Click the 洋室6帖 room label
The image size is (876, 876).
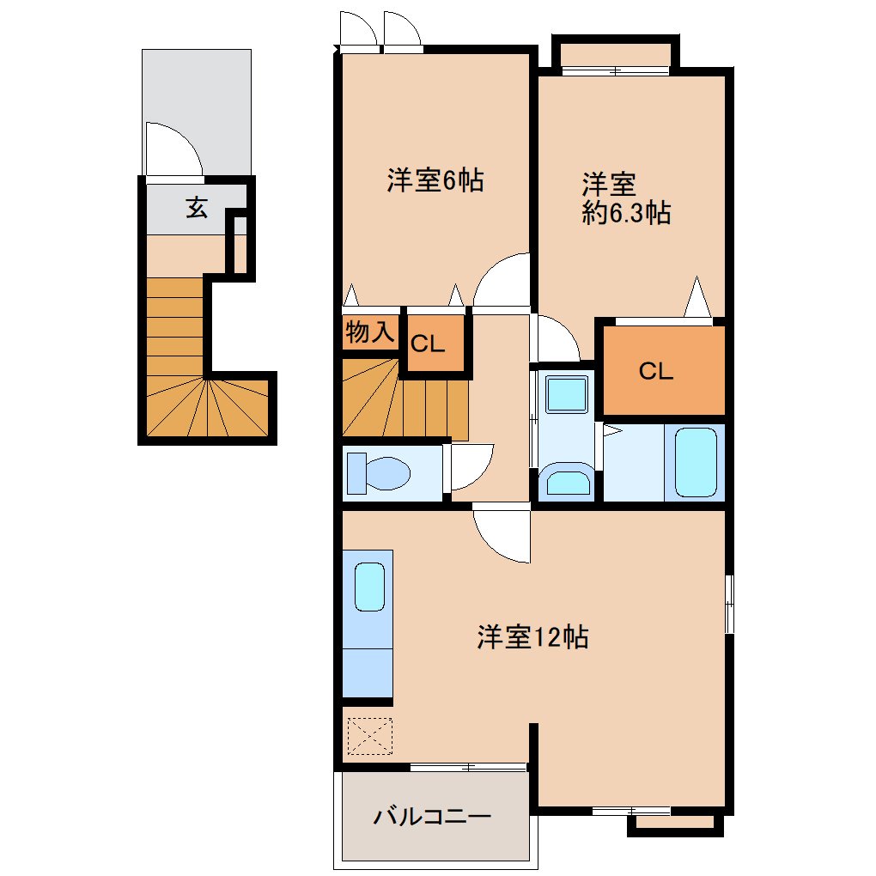click(435, 179)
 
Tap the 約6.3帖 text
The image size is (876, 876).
click(626, 213)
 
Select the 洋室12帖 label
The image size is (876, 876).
click(532, 636)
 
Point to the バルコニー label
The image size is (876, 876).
click(432, 817)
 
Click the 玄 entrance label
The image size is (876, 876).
click(197, 207)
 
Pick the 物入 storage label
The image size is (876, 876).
click(370, 332)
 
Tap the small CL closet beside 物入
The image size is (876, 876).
click(435, 343)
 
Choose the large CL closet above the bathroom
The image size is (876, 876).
click(664, 370)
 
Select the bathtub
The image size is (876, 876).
click(696, 462)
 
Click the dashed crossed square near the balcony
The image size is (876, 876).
click(370, 736)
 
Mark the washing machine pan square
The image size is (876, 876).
click(567, 394)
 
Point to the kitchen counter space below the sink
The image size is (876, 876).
click(367, 672)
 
